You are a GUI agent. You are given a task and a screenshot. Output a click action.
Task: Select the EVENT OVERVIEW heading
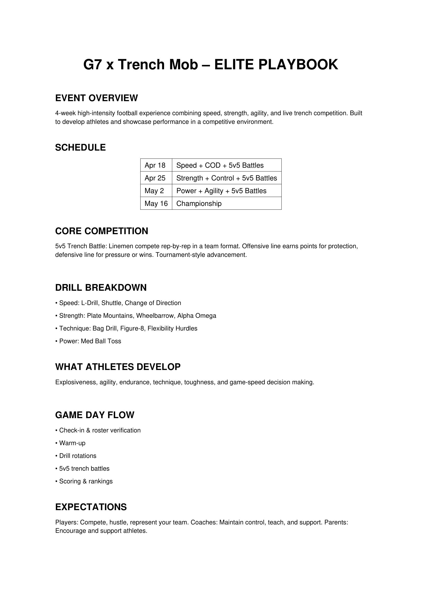click(x=96, y=98)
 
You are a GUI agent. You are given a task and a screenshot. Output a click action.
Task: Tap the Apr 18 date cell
click(x=155, y=165)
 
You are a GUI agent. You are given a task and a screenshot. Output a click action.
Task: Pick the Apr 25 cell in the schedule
click(x=155, y=178)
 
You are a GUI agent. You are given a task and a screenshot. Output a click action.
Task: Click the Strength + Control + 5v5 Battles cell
click(x=227, y=178)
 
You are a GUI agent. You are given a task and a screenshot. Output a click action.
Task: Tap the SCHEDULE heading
click(x=80, y=148)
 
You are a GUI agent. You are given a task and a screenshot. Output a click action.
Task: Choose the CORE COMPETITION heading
click(x=102, y=231)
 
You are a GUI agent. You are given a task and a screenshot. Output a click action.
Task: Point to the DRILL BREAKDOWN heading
click(x=101, y=288)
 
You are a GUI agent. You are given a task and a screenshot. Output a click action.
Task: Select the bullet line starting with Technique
click(x=126, y=328)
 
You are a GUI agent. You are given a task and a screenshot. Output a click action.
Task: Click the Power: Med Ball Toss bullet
click(x=88, y=341)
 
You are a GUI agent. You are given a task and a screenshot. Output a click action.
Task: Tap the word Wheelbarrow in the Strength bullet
click(x=155, y=316)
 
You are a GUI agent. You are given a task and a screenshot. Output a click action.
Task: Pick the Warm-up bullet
click(x=71, y=443)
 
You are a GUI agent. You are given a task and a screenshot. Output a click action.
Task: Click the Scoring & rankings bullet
click(x=84, y=481)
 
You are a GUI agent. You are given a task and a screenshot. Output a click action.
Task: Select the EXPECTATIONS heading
click(x=91, y=507)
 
